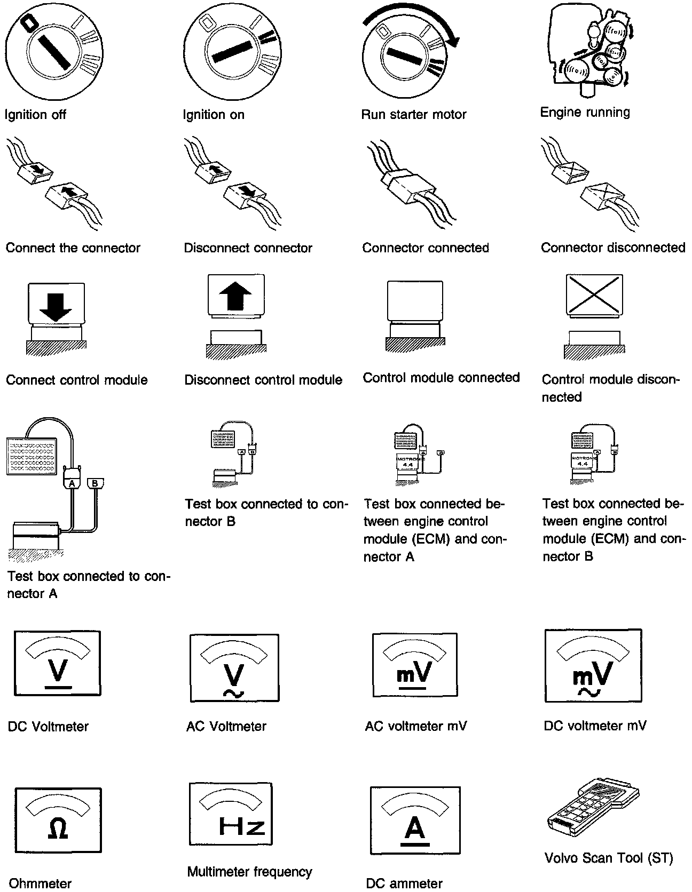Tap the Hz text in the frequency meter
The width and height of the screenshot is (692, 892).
click(x=242, y=825)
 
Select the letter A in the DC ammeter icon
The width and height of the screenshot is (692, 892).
click(x=415, y=827)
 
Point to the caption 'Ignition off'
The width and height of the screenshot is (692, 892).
click(x=35, y=114)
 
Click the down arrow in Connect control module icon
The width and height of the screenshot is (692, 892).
click(x=56, y=307)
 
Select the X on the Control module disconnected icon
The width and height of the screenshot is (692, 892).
click(x=594, y=294)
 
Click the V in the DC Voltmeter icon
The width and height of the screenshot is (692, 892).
click(x=58, y=669)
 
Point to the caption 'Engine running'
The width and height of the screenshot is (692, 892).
click(x=585, y=112)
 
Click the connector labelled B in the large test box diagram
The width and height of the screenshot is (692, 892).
click(x=95, y=483)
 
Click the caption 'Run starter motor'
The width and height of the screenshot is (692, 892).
click(x=414, y=114)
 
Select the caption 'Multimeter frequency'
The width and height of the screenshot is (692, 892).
click(x=249, y=872)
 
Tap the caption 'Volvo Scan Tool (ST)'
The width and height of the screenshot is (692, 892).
click(x=609, y=858)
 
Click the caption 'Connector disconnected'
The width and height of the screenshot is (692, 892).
click(x=613, y=248)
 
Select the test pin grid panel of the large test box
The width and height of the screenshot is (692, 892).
click(x=31, y=456)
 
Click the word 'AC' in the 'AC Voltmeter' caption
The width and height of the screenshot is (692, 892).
click(x=195, y=726)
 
